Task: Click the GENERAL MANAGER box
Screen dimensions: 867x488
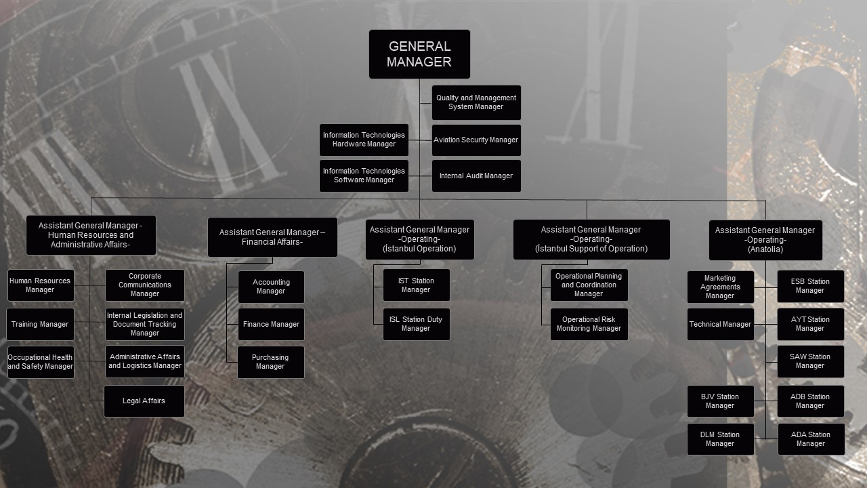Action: tap(419, 54)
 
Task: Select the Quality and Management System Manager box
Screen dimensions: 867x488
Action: tap(476, 102)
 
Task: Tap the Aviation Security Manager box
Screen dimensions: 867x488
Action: tap(476, 140)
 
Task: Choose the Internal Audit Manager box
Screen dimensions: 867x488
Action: tap(476, 176)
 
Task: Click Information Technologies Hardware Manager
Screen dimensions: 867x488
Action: tap(364, 140)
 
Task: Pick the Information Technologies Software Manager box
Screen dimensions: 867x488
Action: tap(364, 176)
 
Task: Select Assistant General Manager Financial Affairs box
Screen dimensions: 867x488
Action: tap(272, 237)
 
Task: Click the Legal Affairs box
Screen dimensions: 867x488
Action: tap(144, 401)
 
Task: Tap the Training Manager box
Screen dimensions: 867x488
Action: tap(40, 324)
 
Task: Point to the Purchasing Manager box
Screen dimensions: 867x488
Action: tap(270, 362)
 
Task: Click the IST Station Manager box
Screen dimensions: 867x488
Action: tap(416, 285)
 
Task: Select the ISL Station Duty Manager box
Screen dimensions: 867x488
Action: tap(416, 324)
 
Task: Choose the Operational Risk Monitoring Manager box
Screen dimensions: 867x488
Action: tap(589, 324)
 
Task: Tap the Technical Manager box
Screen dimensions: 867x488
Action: tap(720, 324)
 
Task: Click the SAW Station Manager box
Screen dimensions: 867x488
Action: tap(811, 362)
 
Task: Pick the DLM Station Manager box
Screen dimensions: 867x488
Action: tap(720, 439)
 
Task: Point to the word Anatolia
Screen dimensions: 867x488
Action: tap(765, 249)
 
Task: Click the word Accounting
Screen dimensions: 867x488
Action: tap(272, 282)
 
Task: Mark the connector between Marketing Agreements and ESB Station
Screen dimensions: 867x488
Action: tap(765, 288)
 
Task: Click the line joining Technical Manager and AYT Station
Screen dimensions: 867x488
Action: tap(765, 324)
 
